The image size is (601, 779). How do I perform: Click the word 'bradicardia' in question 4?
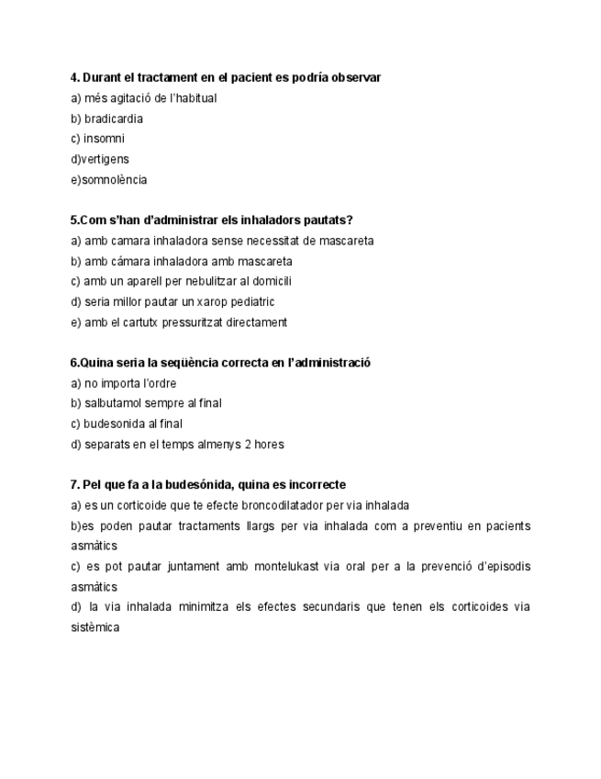pos(113,119)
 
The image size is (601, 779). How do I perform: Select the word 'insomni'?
pos(104,139)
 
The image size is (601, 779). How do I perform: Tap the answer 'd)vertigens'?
pos(100,159)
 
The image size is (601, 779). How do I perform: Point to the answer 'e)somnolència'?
pos(108,180)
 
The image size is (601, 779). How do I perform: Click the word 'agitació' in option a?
pos(128,98)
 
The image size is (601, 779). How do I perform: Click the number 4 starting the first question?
pos(73,77)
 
